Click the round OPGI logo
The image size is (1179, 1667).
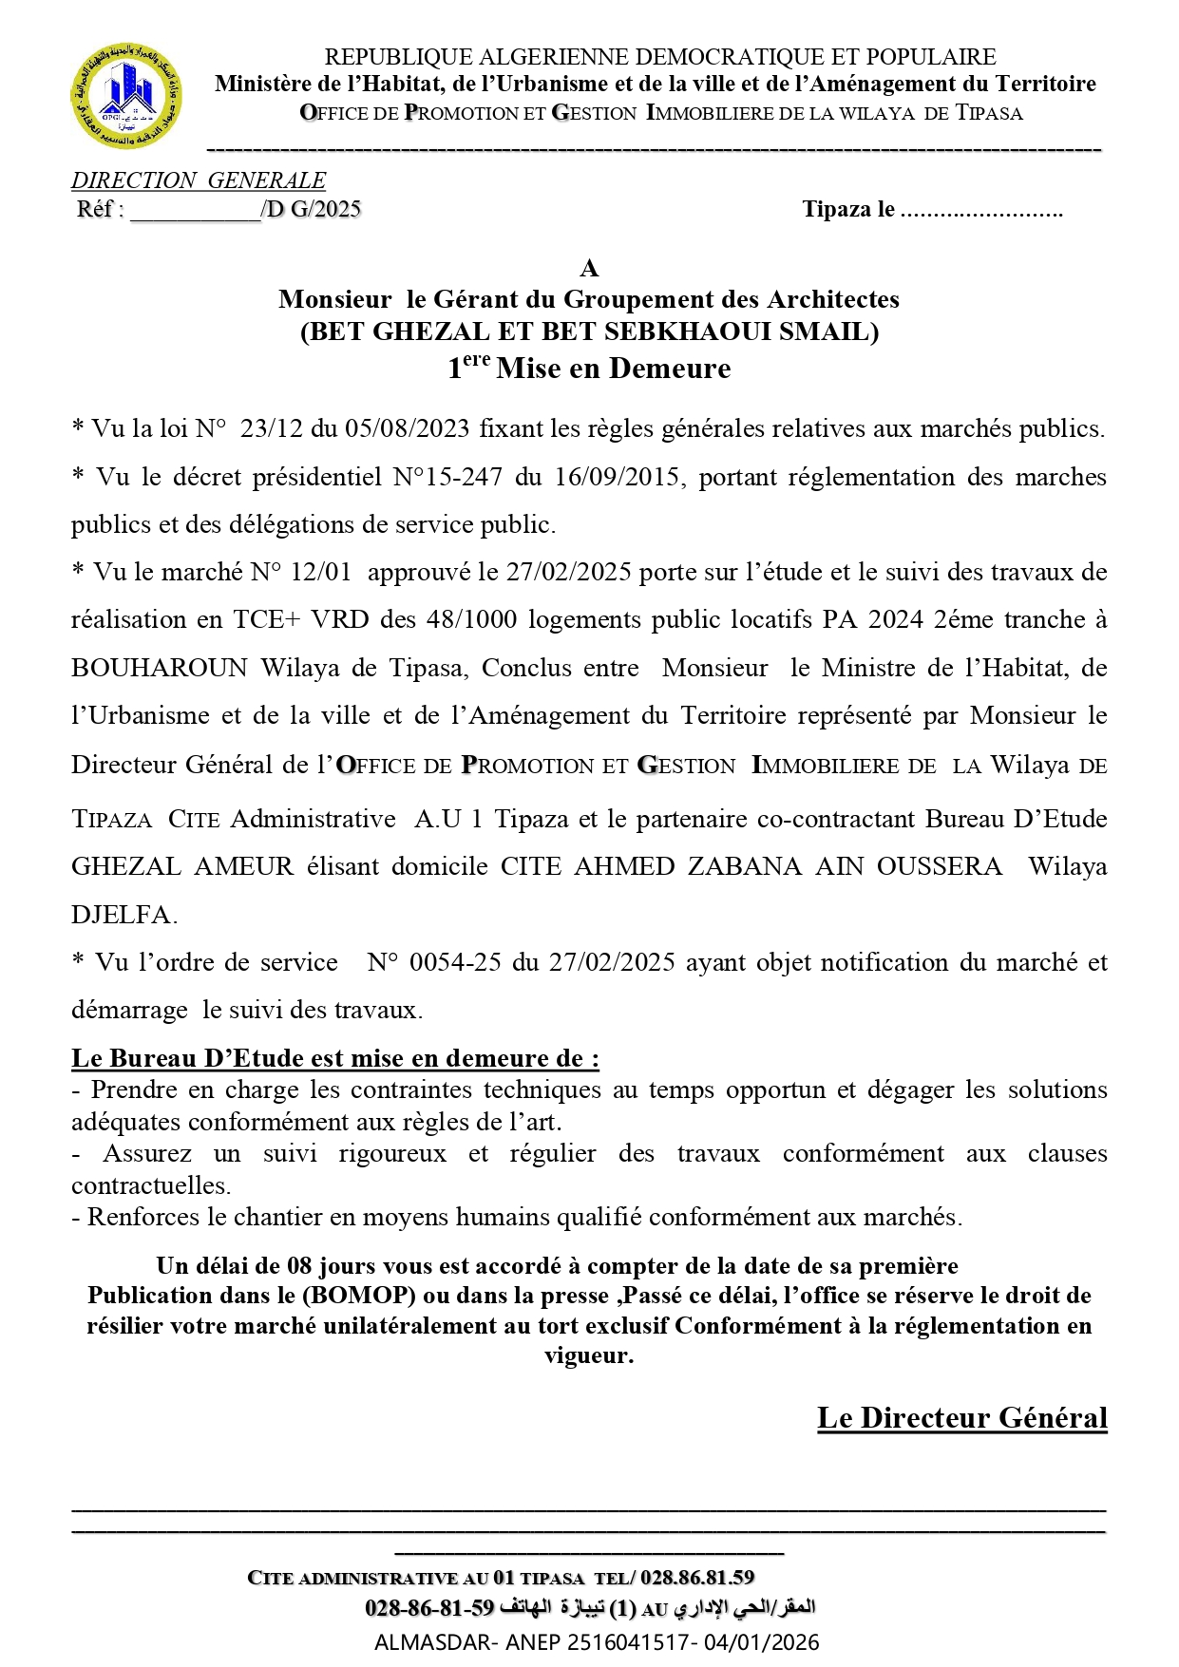coord(126,96)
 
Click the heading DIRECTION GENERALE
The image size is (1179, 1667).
coord(198,180)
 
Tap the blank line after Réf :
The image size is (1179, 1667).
coord(195,211)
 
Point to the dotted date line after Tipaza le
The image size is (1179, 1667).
coord(980,210)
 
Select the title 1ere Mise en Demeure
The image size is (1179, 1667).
coord(589,368)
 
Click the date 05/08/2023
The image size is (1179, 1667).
coord(407,428)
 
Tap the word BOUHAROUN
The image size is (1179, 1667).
coord(160,668)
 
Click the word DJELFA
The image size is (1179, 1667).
coord(124,915)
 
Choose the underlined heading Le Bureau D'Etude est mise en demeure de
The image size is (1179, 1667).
coord(334,1058)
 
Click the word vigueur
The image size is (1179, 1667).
coord(588,1355)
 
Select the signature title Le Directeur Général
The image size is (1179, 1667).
coord(961,1418)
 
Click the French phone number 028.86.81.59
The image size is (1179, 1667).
coord(697,1578)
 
